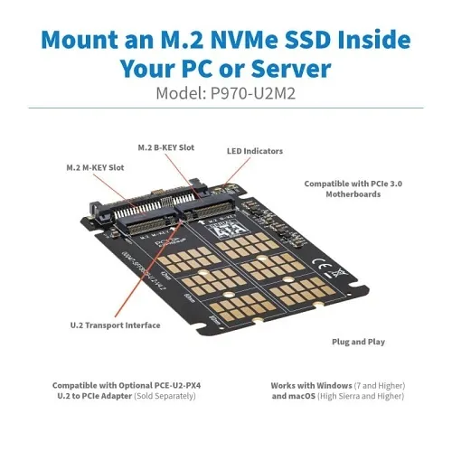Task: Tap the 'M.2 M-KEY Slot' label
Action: coord(95,168)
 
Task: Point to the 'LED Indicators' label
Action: coord(255,151)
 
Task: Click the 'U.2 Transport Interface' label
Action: coord(115,325)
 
